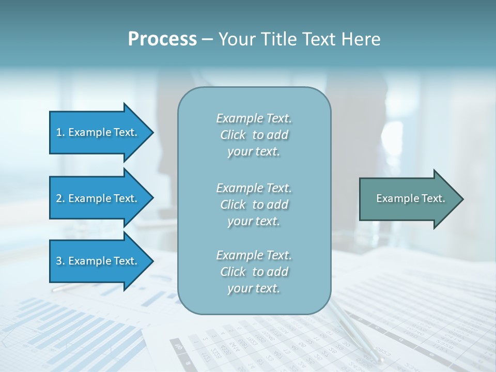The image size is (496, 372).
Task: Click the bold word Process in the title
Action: click(x=162, y=39)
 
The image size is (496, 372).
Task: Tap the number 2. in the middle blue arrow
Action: click(x=60, y=198)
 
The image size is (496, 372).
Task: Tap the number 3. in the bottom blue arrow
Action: click(x=60, y=261)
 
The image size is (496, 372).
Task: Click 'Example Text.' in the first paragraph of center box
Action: click(x=254, y=118)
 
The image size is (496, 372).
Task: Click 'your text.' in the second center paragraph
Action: click(x=254, y=221)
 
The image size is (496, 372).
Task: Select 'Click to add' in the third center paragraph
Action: click(x=254, y=272)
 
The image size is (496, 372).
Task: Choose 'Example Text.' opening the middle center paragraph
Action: click(x=254, y=188)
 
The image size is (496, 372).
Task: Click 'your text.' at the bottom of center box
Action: click(x=254, y=288)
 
